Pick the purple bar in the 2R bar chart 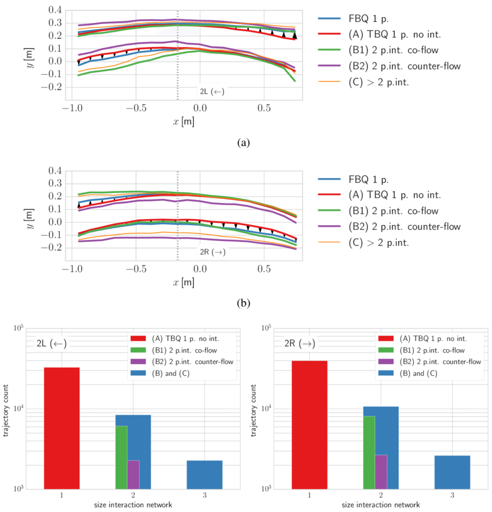coord(380,471)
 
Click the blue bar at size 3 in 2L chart coord(204,474)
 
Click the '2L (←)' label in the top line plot coord(211,91)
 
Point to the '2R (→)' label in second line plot coord(212,252)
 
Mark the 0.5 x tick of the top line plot coord(264,108)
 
